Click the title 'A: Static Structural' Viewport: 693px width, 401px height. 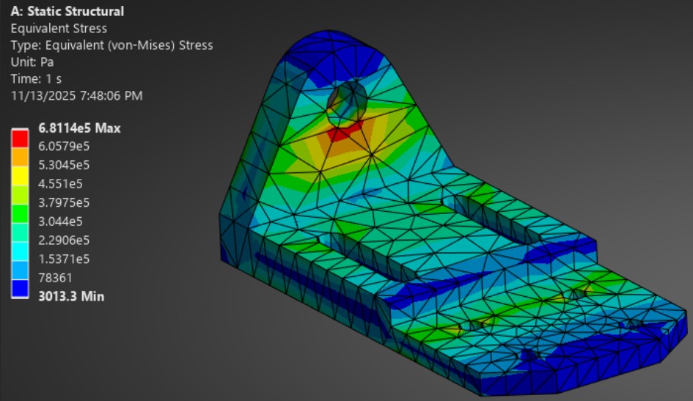tap(67, 12)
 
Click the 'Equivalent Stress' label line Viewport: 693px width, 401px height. tap(59, 29)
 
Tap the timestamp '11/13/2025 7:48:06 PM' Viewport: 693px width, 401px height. tap(76, 95)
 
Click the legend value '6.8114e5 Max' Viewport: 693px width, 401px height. tap(79, 128)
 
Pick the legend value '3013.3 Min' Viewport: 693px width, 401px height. tap(71, 296)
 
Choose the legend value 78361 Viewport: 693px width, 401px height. tap(55, 278)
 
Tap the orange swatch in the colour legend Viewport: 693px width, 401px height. tap(20, 155)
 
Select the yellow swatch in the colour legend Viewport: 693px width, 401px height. tap(20, 174)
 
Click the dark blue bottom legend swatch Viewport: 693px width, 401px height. tap(20, 289)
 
